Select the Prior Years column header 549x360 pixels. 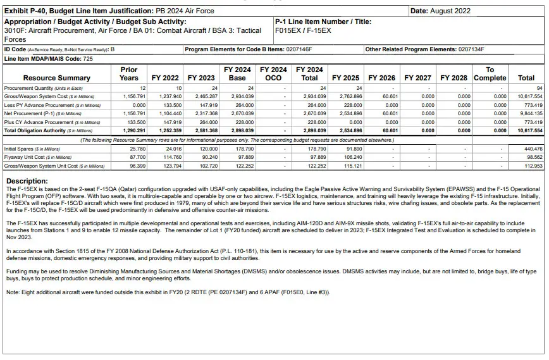(x=128, y=73)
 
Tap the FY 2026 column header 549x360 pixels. (x=381, y=78)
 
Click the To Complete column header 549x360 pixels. (x=490, y=73)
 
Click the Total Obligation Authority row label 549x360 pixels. (x=45, y=130)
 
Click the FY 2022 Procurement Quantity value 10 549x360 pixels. (x=178, y=88)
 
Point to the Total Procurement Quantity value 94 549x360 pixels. (x=539, y=88)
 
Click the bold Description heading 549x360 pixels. (x=27, y=182)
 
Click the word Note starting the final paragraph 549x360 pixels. (x=13, y=292)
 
